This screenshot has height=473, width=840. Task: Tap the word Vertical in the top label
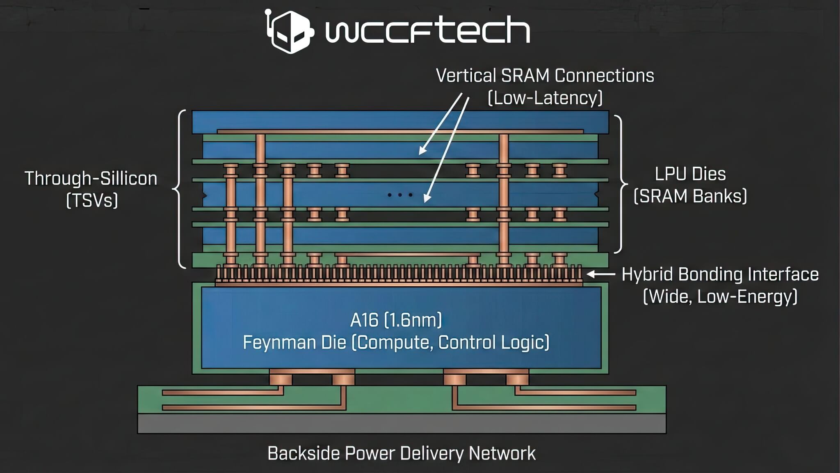point(466,76)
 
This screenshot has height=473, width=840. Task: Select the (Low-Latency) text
point(545,98)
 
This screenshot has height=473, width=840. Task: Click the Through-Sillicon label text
point(91,179)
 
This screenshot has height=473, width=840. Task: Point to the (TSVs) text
point(92,201)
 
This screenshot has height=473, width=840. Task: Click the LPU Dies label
point(690,174)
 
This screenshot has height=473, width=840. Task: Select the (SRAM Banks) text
point(690,196)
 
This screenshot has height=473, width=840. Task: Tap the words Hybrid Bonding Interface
point(720,274)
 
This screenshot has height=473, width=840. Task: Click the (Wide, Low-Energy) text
point(720,296)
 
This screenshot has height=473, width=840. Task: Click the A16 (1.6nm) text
point(396,320)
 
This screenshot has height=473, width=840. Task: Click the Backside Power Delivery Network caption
point(401,454)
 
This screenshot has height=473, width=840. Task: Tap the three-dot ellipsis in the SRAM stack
point(400,195)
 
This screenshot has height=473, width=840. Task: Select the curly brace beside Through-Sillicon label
point(179,189)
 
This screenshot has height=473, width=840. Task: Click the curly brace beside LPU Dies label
point(620,184)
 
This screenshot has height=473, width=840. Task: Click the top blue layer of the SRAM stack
point(400,120)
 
